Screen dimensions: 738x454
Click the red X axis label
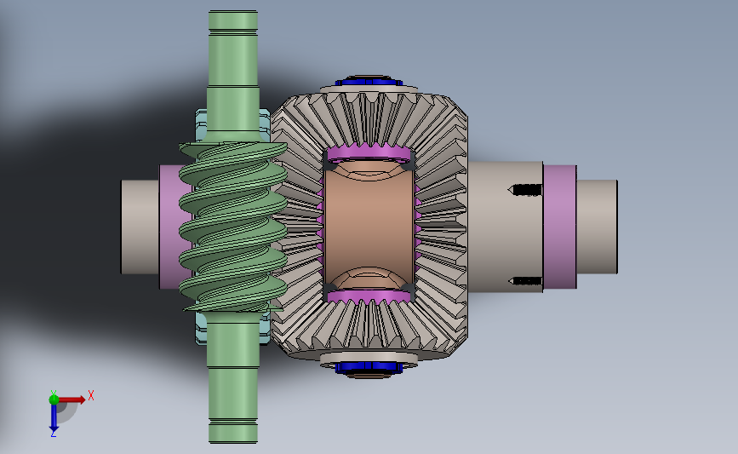point(91,395)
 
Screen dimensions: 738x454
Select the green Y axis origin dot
point(54,399)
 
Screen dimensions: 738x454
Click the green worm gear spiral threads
point(233,227)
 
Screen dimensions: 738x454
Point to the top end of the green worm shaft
point(233,11)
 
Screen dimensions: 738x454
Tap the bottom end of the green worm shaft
point(233,441)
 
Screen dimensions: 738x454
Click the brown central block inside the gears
point(369,227)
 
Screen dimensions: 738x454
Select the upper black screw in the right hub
point(525,190)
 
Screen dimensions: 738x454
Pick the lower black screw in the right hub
point(525,281)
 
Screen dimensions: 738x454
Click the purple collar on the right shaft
point(559,227)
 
